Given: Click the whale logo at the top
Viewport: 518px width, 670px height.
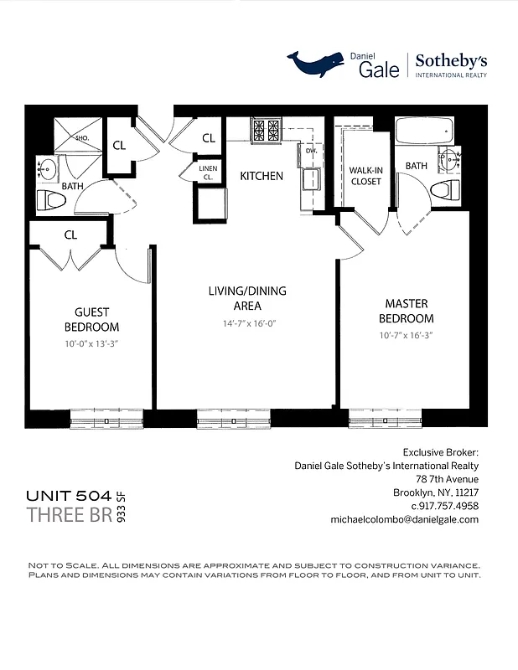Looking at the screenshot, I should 316,62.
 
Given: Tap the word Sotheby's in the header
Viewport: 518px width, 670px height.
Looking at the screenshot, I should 452,60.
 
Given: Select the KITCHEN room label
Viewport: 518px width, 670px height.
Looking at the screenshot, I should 262,177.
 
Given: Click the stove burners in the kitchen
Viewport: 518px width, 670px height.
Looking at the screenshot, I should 266,130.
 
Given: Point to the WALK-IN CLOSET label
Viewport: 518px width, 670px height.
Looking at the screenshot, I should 365,176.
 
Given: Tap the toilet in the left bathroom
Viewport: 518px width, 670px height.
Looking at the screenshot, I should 51,201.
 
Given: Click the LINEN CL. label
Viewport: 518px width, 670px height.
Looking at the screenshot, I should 208,173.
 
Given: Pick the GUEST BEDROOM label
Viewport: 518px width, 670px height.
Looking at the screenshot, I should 91,320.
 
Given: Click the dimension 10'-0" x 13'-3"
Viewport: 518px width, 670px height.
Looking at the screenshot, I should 91,343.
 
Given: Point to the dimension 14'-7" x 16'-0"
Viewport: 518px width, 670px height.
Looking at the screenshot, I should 247,322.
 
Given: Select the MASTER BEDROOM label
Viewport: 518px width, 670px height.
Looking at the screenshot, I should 406,311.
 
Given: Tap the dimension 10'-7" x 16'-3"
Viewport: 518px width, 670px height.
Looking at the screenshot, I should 406,335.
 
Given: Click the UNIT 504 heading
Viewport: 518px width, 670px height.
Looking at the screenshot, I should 69,496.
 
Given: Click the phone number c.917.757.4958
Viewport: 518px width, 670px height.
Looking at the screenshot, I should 443,506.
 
